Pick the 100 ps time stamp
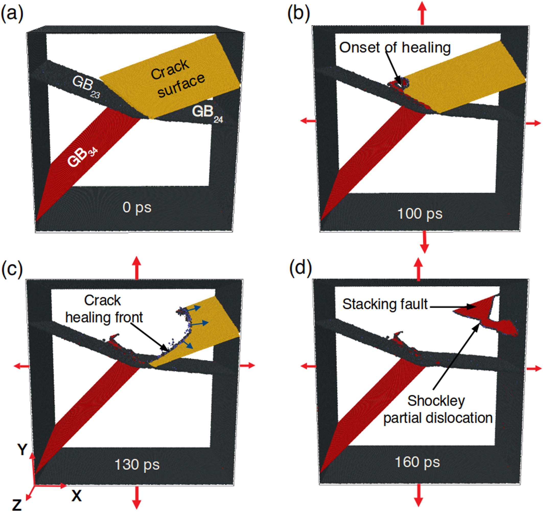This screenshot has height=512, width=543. [420, 213]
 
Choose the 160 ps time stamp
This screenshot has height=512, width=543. [417, 462]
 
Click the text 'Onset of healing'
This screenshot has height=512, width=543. [395, 48]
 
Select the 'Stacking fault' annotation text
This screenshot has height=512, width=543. [385, 304]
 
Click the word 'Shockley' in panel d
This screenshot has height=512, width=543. [436, 401]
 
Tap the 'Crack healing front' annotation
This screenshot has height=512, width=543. [104, 309]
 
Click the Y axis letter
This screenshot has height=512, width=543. [22, 449]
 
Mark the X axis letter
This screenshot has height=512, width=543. [77, 495]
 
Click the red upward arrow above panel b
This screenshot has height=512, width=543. [422, 13]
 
